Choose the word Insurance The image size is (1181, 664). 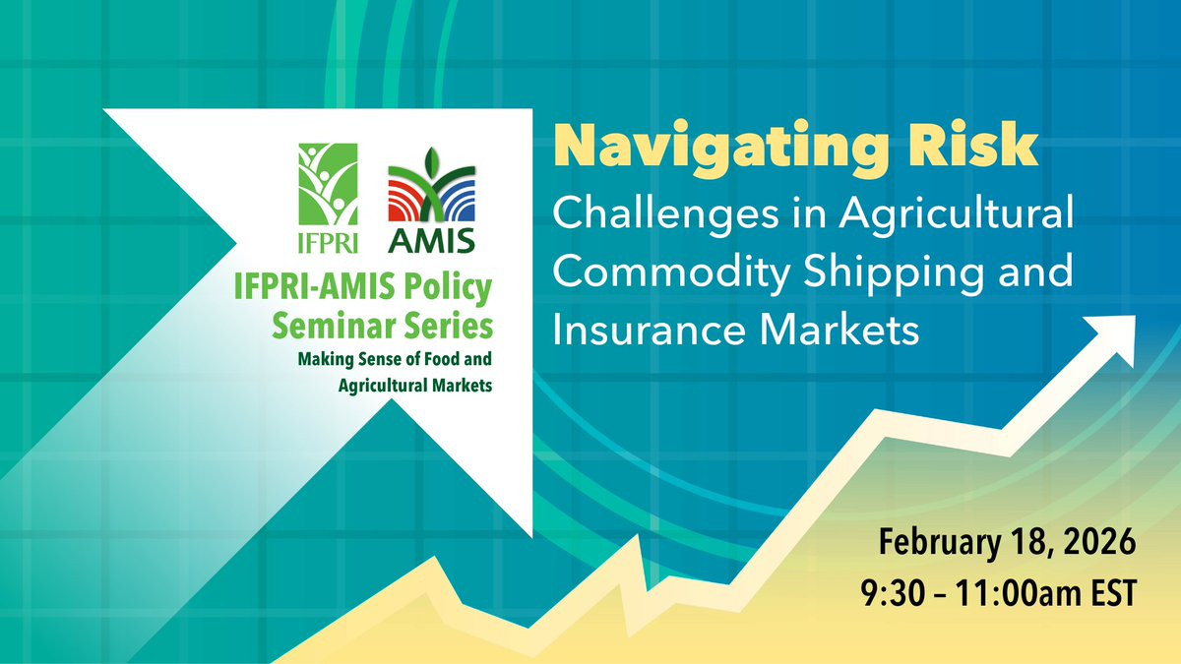click(649, 330)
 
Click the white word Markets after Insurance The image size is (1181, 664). click(839, 330)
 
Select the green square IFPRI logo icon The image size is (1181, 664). click(328, 185)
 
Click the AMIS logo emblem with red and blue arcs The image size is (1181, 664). click(431, 185)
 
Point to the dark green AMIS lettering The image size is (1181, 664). click(431, 241)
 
